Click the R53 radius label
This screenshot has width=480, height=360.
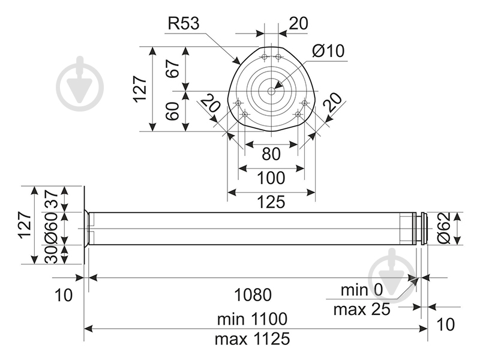184,23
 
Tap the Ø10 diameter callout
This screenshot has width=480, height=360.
328,51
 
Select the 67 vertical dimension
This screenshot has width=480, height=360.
173,69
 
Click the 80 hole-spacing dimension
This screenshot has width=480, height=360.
271,154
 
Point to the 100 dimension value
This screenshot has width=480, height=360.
271,178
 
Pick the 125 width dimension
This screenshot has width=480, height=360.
271,202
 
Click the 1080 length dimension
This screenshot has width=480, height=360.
253,295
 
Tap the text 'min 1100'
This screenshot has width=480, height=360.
252,319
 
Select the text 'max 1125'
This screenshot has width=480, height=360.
252,339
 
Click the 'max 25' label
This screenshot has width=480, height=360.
362,310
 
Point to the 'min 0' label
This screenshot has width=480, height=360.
362,289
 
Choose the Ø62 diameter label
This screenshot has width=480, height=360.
444,228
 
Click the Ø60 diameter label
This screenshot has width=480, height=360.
51,228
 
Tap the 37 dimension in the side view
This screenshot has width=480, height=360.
51,199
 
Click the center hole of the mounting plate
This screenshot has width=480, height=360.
272,91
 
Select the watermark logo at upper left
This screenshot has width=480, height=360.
80,83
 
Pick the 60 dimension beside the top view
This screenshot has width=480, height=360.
173,111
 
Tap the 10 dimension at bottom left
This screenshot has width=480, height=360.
64,295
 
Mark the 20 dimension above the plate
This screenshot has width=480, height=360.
298,23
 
